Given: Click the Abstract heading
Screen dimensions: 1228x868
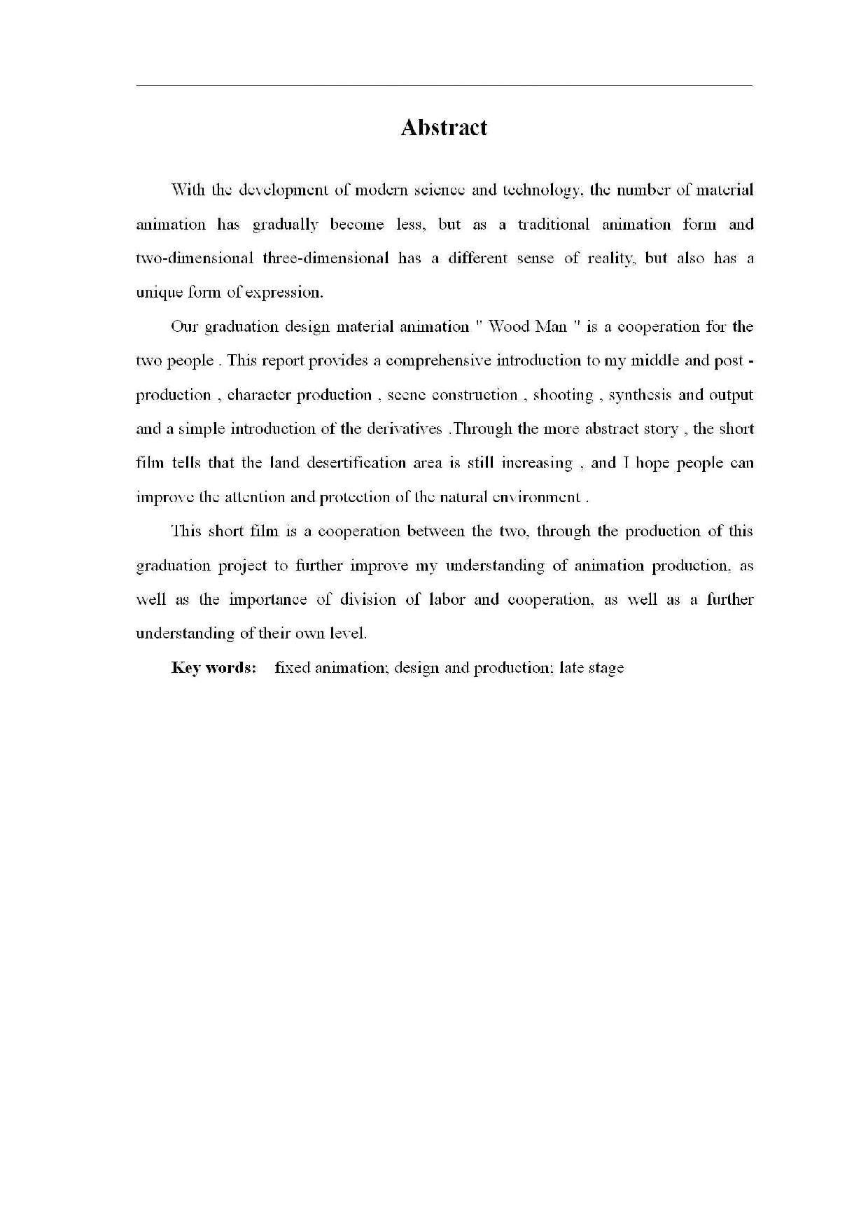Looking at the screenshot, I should pyautogui.click(x=444, y=127).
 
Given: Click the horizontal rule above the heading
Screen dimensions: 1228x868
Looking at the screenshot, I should pyautogui.click(x=444, y=86).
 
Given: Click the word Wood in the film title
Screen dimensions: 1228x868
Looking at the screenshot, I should pyautogui.click(x=508, y=326).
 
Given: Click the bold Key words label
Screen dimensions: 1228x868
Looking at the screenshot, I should pyautogui.click(x=213, y=667).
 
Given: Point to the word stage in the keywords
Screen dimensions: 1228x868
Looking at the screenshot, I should pyautogui.click(x=605, y=668).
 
